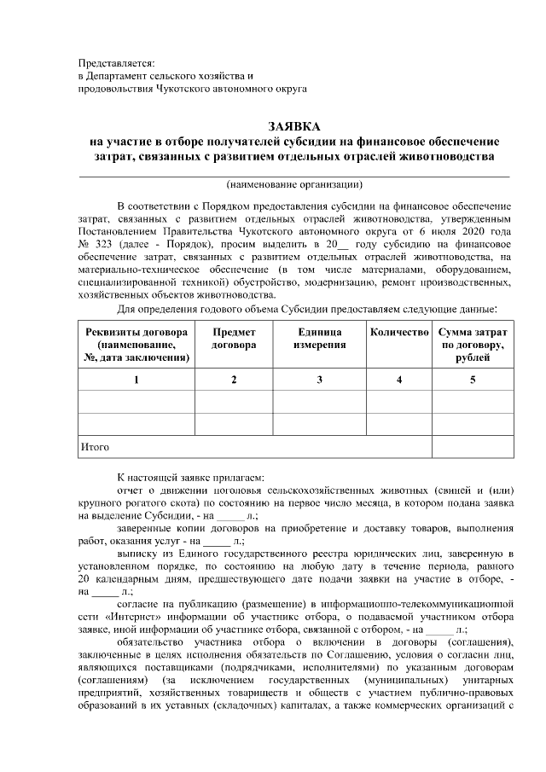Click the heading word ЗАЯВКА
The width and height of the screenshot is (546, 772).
pos(294,126)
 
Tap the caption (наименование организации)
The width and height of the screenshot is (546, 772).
pos(294,184)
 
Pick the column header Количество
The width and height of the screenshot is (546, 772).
pos(398,332)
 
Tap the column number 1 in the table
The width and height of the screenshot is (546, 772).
pos(136,378)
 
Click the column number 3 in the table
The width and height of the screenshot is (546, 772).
pos(320,378)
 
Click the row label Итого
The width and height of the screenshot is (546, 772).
pos(95,446)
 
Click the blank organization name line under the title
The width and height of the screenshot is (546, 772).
pos(294,173)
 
